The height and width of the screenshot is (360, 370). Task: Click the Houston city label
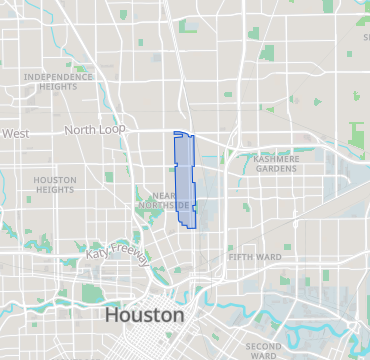144,315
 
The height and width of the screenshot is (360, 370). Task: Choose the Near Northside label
163,200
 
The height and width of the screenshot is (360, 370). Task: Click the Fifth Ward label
254,257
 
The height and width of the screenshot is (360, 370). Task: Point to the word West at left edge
15,133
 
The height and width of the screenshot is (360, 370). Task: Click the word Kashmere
276,158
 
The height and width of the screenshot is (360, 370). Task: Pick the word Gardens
276,168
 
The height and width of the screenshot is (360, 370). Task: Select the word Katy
97,252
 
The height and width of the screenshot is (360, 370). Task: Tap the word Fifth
240,257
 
